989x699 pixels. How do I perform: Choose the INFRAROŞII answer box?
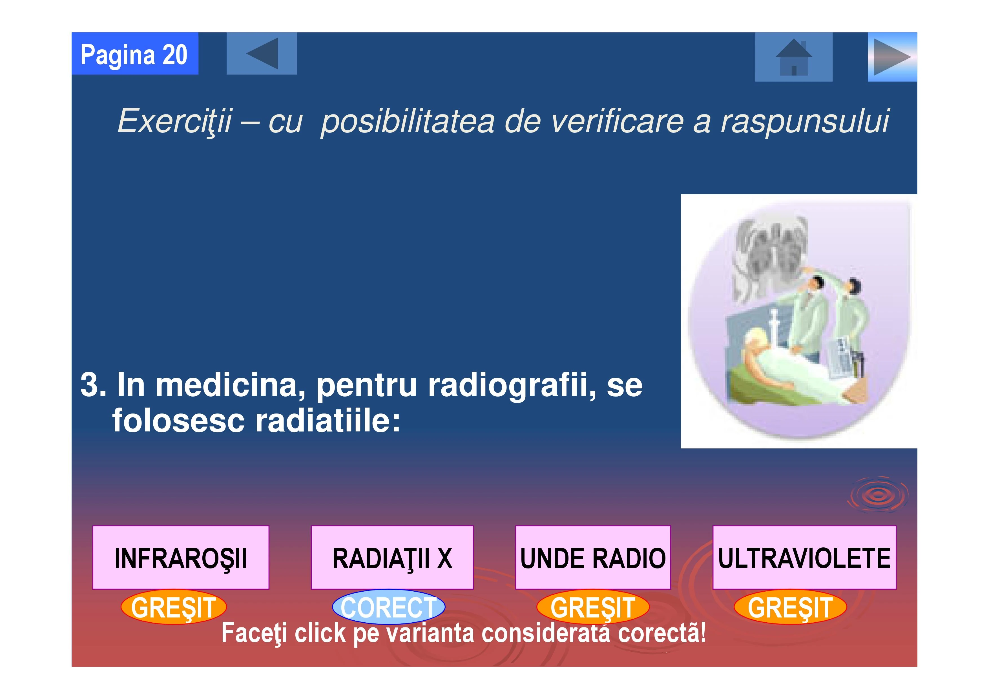[x=181, y=557]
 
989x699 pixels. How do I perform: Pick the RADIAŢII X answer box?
[x=392, y=557]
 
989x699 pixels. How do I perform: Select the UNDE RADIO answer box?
[x=593, y=557]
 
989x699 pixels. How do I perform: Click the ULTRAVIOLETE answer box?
[x=804, y=557]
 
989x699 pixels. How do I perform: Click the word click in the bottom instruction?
[x=320, y=633]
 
